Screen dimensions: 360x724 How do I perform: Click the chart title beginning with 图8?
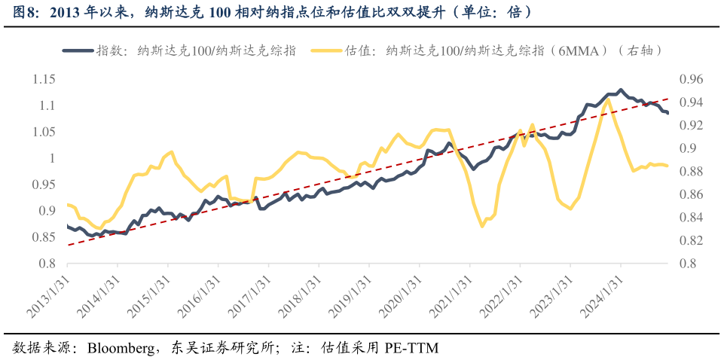tap(271, 12)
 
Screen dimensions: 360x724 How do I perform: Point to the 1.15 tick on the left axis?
tap(44, 79)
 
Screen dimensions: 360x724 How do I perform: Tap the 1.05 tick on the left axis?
tap(44, 132)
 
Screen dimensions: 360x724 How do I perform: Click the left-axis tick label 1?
tap(52, 158)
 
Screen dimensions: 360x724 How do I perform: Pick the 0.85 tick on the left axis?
tap(44, 237)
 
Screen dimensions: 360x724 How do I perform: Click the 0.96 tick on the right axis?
tap(691, 79)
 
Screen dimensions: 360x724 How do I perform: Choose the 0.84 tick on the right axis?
tap(691, 218)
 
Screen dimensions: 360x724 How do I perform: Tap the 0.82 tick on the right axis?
tap(691, 241)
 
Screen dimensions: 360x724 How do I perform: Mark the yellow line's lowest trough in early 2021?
tap(482, 226)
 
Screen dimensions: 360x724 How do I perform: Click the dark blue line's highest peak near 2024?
tap(620, 90)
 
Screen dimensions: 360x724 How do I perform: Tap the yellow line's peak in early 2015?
tap(172, 151)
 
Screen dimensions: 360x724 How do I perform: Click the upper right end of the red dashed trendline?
tap(667, 99)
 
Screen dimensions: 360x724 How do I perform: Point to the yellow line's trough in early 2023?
tap(570, 208)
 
